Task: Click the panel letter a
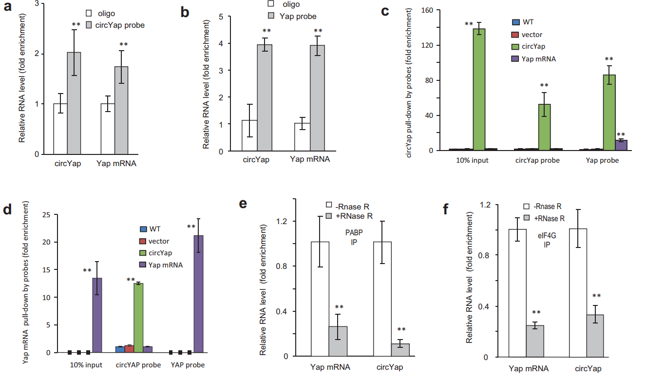[8, 10]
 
